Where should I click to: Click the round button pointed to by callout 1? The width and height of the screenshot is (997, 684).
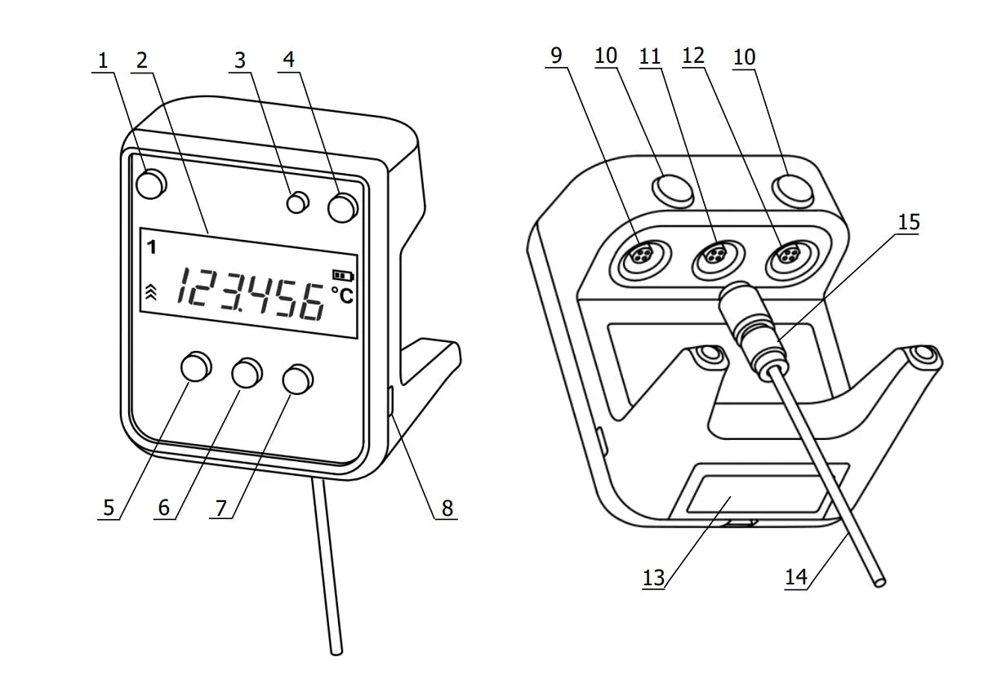tap(151, 184)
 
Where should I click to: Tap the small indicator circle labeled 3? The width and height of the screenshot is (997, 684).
tap(298, 202)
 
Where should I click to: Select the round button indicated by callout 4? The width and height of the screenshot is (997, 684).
tap(343, 207)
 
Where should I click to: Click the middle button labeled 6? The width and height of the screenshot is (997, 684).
tap(247, 372)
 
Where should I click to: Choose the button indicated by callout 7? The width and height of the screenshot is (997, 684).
tap(298, 380)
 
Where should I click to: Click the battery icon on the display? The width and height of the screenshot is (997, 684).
tap(343, 276)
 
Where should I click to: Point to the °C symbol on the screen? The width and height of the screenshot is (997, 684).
tap(342, 295)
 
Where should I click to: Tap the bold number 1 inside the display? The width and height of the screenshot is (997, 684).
tap(152, 247)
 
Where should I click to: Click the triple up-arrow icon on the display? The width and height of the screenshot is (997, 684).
tap(151, 292)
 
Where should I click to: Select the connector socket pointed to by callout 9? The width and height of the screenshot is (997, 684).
tap(639, 257)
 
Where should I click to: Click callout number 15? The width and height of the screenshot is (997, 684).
tap(909, 222)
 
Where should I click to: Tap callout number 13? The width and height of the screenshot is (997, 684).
tap(653, 578)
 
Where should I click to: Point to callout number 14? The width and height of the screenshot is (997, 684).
tap(796, 577)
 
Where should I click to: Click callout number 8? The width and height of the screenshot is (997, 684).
tap(447, 508)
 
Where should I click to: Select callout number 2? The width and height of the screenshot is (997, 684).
tap(142, 60)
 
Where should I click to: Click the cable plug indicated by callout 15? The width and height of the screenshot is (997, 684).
tap(751, 329)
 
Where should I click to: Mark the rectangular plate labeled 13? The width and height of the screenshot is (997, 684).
tap(761, 495)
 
